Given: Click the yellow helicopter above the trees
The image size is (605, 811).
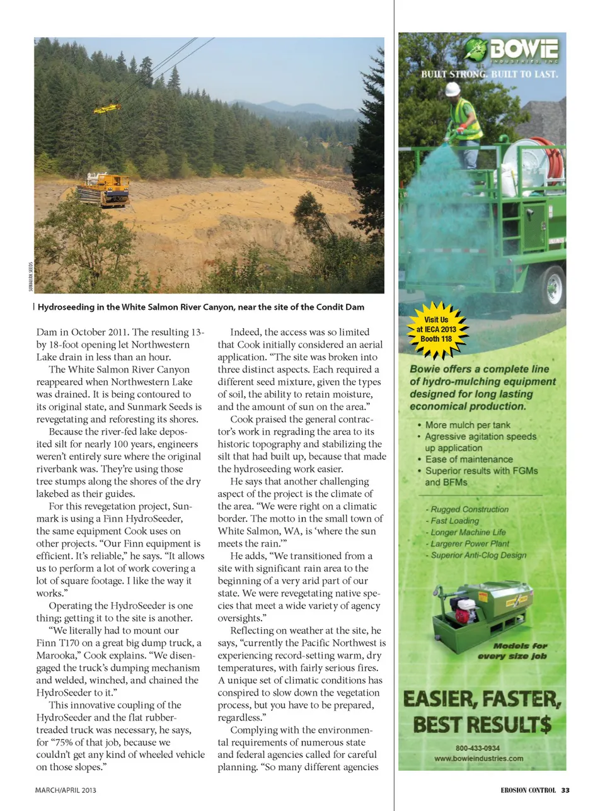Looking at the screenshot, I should click(x=107, y=108).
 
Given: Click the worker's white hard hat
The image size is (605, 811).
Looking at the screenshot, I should click(x=452, y=90).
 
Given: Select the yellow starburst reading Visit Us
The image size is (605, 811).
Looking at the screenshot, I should click(x=436, y=329).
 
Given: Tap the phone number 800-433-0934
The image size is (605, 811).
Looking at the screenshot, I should click(x=478, y=748).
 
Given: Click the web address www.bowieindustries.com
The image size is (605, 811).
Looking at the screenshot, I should click(x=478, y=758).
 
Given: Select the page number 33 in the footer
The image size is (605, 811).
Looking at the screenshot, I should click(x=565, y=790).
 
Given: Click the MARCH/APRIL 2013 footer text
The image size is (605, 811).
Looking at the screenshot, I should click(x=66, y=790).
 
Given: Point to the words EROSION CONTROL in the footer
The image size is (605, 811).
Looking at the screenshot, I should click(x=528, y=790).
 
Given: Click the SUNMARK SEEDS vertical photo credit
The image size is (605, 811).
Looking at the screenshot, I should click(x=30, y=276).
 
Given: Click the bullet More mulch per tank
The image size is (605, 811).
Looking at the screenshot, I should click(x=468, y=425).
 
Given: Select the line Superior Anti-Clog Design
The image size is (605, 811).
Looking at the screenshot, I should click(x=478, y=555).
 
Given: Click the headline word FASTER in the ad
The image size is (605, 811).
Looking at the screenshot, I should click(x=514, y=699).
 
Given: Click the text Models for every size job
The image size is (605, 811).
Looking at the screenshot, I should click(x=512, y=651).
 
